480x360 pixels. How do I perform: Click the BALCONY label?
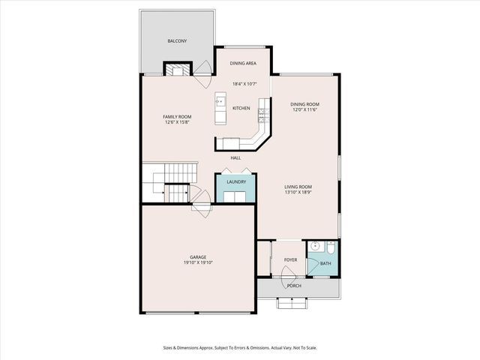coord(176,40)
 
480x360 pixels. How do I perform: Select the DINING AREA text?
coord(243,64)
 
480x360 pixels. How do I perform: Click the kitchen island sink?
coord(221,100)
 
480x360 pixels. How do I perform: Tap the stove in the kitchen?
coord(262,114)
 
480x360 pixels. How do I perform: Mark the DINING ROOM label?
coord(305,104)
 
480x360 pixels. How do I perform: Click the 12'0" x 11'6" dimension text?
coord(305,110)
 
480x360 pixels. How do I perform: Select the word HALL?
coord(235,157)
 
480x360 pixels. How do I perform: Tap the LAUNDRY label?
coord(237,182)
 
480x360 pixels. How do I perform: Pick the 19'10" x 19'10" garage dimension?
coord(198,263)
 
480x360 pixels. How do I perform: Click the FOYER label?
coord(290,260)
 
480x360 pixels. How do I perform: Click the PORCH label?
coord(295,286)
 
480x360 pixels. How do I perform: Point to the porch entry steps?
coord(291,303)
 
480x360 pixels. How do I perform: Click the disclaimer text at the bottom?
coord(240,347)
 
